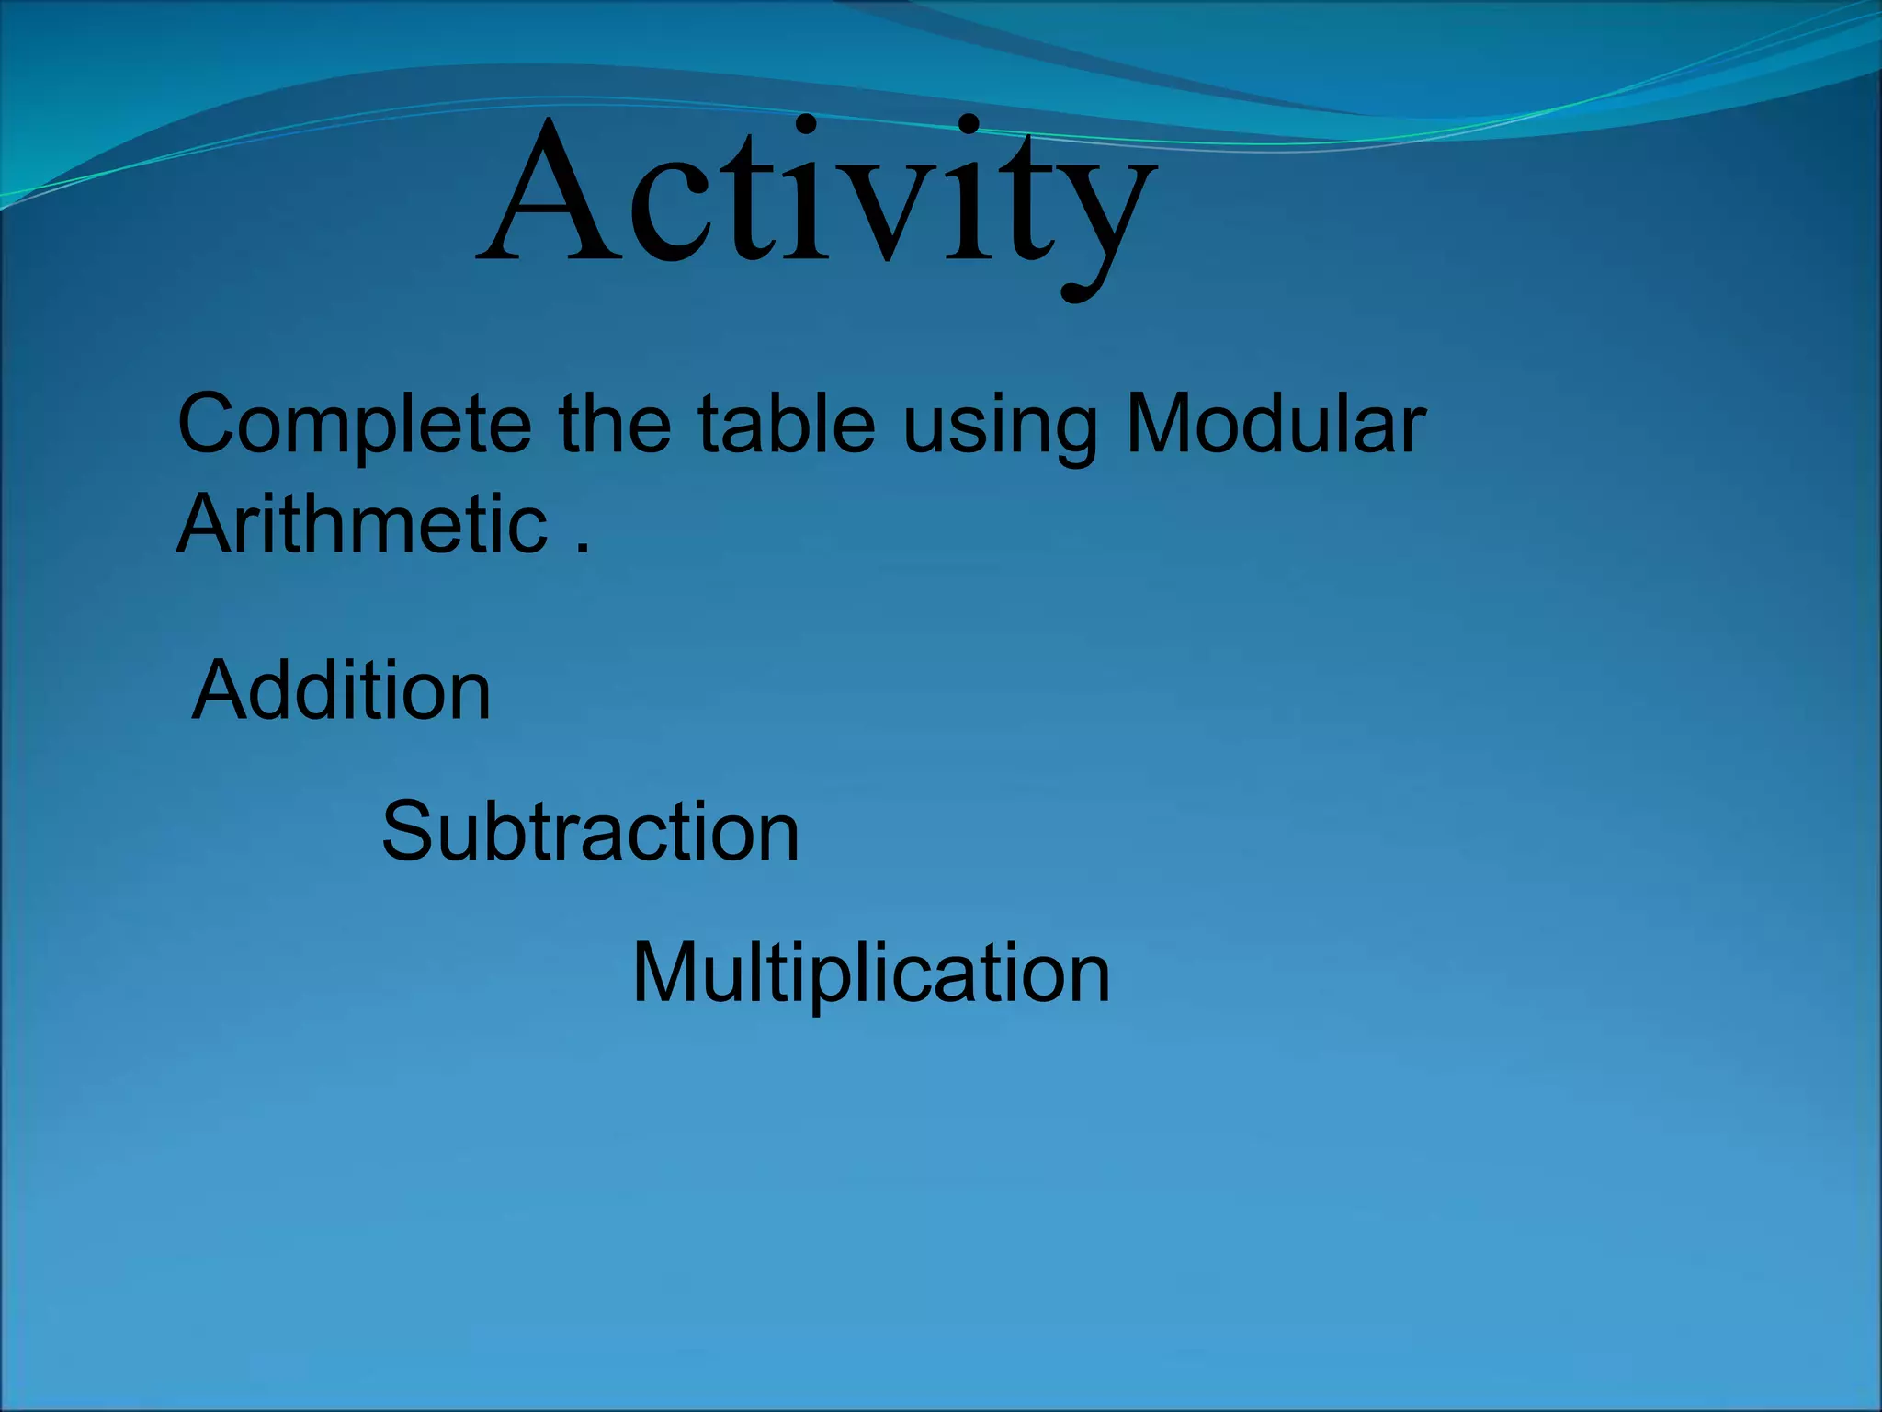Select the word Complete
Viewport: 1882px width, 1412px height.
tap(354, 425)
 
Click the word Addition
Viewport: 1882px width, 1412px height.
tap(341, 690)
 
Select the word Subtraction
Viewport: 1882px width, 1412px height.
tap(590, 831)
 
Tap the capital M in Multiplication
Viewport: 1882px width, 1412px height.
tap(667, 973)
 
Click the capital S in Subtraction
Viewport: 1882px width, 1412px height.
tap(407, 831)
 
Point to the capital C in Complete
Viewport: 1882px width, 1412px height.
tap(212, 424)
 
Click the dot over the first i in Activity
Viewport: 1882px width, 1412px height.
tap(806, 123)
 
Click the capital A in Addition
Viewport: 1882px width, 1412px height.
tap(220, 690)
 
